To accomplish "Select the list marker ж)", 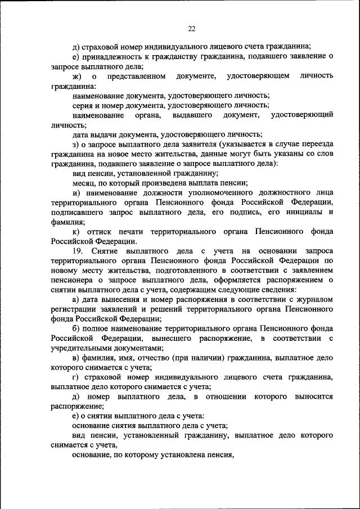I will click(x=77, y=76).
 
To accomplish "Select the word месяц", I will click(x=85, y=183).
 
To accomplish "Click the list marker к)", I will click(x=76, y=232).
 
